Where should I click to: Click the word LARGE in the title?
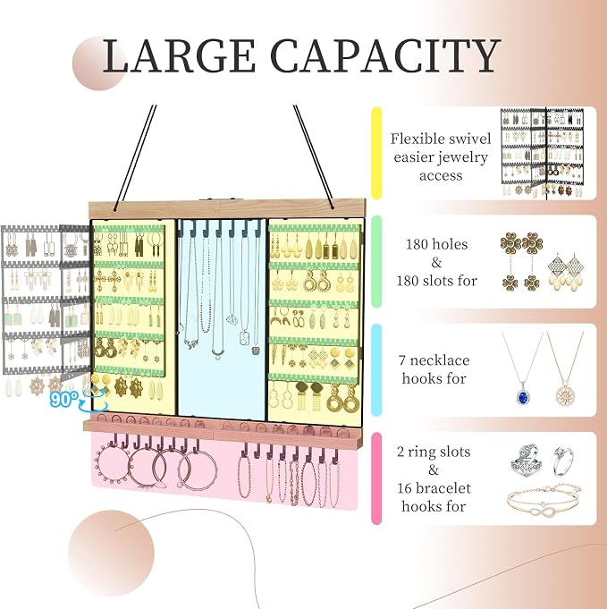coord(179,55)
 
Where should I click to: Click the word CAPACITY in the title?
coord(385,55)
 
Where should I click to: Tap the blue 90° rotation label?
coord(63,399)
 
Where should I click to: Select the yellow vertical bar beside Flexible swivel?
coord(376,153)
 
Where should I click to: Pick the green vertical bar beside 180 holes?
coord(376,262)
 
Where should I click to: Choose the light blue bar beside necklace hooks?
coord(376,369)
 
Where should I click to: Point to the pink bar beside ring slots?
coord(376,478)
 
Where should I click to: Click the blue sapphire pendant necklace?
coord(523,368)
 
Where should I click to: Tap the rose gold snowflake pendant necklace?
coord(564,368)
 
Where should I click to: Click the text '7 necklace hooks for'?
coord(434,369)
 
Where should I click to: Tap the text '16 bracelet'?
coord(434,487)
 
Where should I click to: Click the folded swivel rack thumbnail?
coord(542,153)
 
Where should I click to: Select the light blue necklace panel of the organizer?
coord(222,319)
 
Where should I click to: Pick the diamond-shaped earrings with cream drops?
coord(566,271)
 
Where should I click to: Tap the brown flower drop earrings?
coord(521,261)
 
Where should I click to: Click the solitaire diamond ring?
coord(563,461)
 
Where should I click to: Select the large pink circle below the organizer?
coord(112,553)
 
